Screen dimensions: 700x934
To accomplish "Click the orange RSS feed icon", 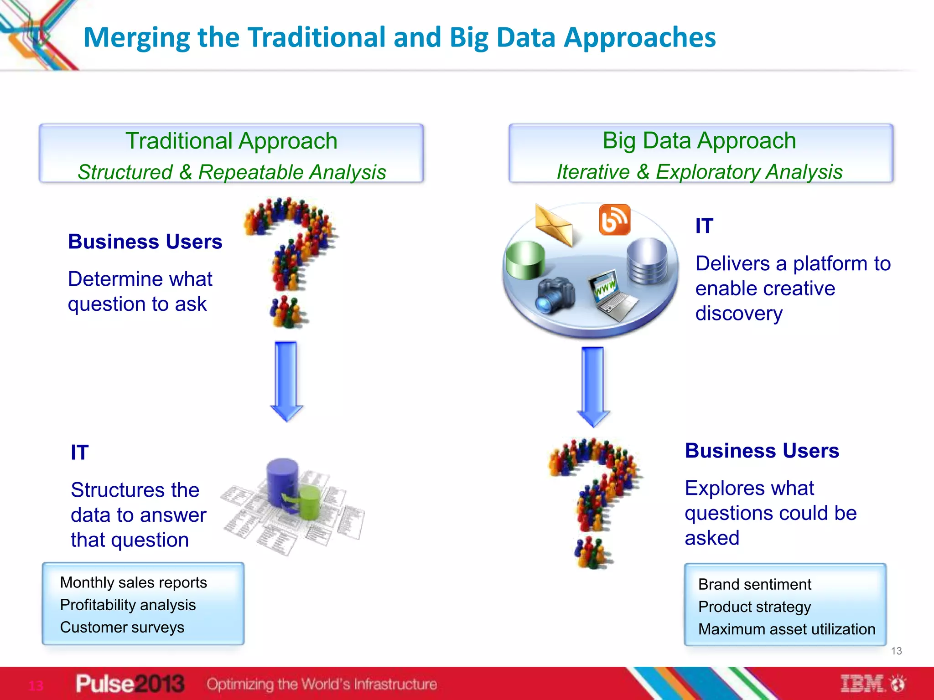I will click(614, 220).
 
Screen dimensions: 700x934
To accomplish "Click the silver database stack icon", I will click(647, 261).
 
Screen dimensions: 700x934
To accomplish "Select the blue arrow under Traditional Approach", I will click(286, 381).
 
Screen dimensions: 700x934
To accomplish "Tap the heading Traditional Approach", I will click(231, 141).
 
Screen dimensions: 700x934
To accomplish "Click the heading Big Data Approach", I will click(699, 140).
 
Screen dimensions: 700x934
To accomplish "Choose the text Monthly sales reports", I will click(134, 582).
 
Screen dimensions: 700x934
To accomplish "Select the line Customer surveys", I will click(122, 628).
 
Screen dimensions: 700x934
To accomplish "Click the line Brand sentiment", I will click(755, 584).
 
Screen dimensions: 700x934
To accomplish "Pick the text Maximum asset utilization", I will click(787, 629).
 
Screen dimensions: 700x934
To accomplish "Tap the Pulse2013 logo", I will click(130, 684).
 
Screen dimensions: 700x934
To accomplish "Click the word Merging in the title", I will click(136, 37).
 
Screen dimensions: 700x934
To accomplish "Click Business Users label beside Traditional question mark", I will click(145, 242).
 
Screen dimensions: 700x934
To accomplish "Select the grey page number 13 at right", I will click(896, 651).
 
